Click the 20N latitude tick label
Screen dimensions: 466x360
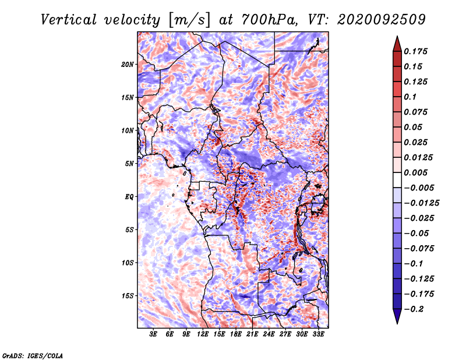click(128, 65)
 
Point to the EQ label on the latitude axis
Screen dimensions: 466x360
click(129, 197)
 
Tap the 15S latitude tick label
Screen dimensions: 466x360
click(128, 296)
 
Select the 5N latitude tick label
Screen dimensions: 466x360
click(129, 164)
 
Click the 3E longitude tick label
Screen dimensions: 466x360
click(153, 334)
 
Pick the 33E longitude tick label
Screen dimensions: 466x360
click(318, 334)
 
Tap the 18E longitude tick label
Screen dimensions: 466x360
click(236, 334)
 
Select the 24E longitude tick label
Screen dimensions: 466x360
click(269, 334)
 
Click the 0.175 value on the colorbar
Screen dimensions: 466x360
click(415, 51)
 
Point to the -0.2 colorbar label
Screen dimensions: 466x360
click(414, 309)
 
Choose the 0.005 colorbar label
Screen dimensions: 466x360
click(415, 172)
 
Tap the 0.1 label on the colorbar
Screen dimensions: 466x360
click(410, 97)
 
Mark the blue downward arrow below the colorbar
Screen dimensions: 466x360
click(397, 316)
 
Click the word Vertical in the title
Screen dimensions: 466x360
click(69, 20)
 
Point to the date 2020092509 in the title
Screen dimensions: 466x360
click(382, 20)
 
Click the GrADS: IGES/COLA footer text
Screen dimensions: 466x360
click(33, 355)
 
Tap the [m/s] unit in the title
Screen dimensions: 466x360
click(189, 20)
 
